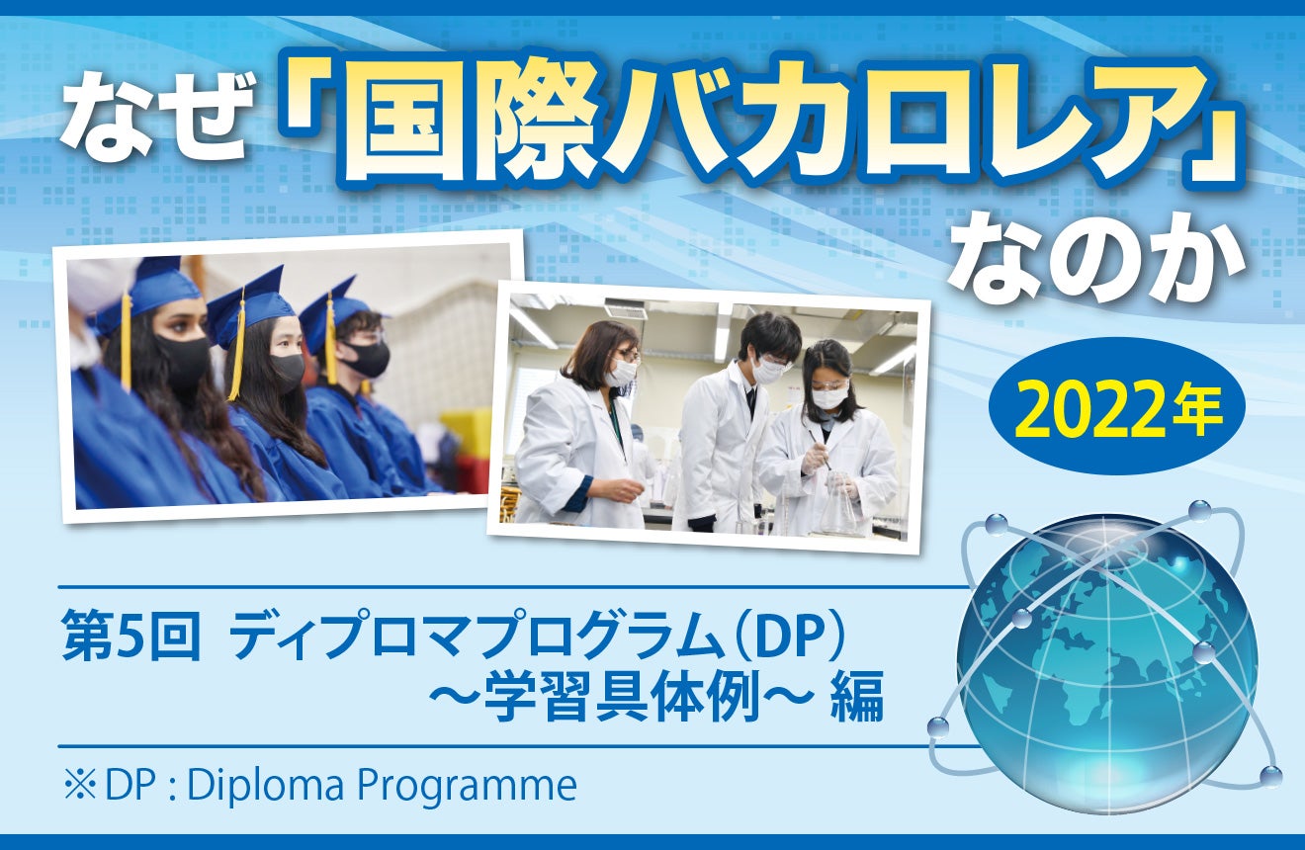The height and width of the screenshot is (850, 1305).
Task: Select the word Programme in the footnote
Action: click(x=467, y=787)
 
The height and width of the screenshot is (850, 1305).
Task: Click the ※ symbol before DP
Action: click(x=80, y=786)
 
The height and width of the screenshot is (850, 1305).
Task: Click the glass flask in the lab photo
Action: click(x=838, y=503)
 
